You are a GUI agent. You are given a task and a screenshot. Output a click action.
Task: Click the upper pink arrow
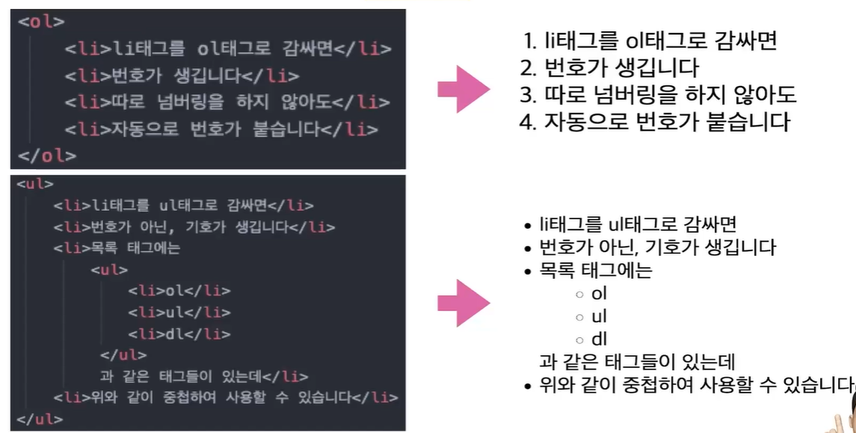(x=463, y=90)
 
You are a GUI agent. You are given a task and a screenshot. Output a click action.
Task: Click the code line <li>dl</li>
(x=179, y=334)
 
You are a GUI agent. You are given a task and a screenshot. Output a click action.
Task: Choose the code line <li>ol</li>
(x=179, y=291)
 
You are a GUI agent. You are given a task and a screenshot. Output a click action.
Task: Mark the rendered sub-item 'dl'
(x=599, y=340)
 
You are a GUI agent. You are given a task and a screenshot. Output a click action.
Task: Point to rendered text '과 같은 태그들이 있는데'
(x=637, y=363)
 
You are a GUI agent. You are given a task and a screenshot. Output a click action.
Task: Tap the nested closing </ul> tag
(x=123, y=355)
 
